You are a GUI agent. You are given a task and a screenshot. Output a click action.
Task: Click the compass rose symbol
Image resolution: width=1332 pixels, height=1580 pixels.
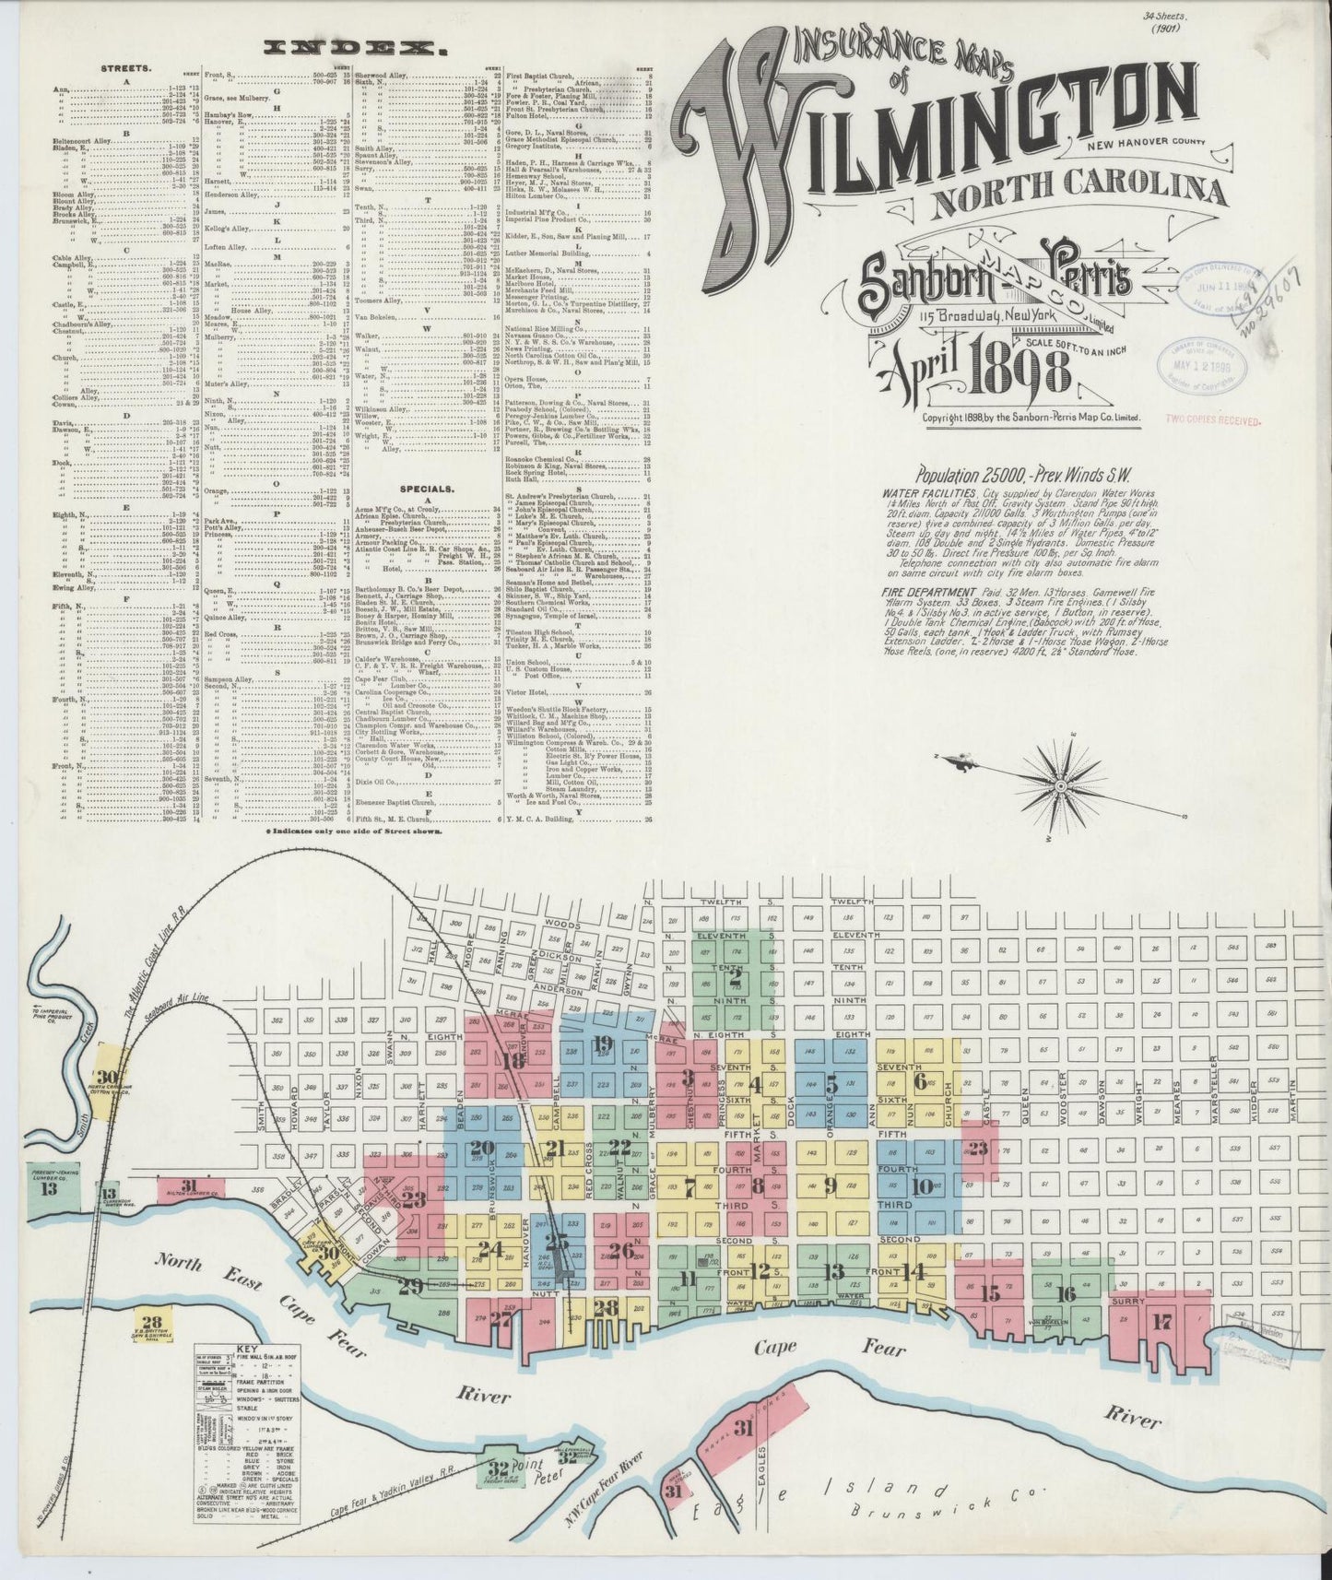[1060, 785]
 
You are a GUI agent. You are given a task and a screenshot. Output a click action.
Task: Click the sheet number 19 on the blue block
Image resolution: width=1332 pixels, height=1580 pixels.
[603, 1044]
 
